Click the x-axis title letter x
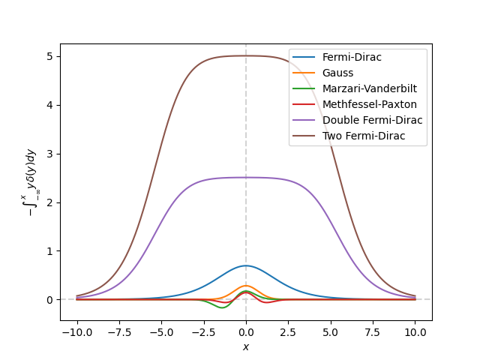(246, 346)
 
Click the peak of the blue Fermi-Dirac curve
(246, 265)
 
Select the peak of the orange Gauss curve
(246, 285)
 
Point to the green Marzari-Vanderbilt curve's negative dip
(221, 307)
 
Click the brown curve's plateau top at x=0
(246, 55)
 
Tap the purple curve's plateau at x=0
(246, 178)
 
